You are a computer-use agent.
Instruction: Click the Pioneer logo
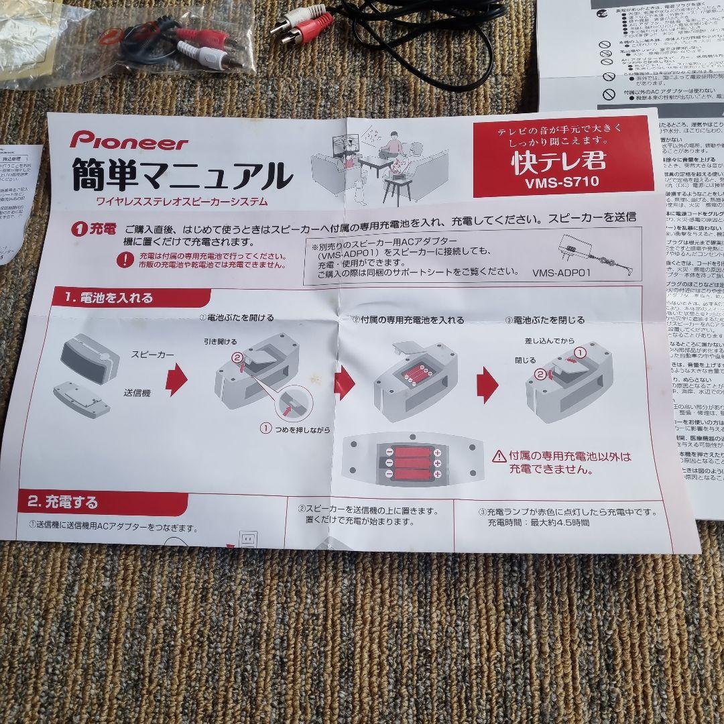coord(129,140)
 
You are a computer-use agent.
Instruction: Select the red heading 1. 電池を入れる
coord(109,297)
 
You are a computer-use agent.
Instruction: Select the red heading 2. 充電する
coord(63,502)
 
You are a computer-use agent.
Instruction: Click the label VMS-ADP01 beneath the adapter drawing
coord(562,274)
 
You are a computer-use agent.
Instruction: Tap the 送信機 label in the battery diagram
coord(137,393)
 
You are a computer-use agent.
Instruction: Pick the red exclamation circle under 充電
coord(125,260)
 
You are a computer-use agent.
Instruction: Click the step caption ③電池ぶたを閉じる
coord(544,320)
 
